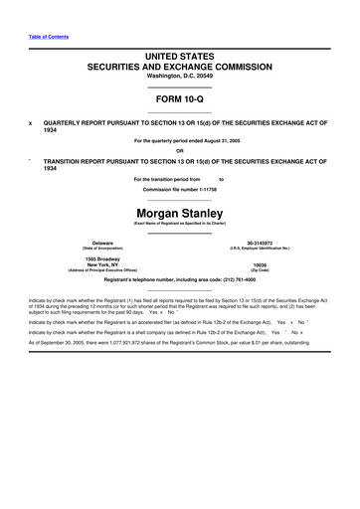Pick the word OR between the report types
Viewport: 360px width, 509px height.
coord(179,151)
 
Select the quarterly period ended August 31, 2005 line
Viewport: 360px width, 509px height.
coord(179,142)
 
